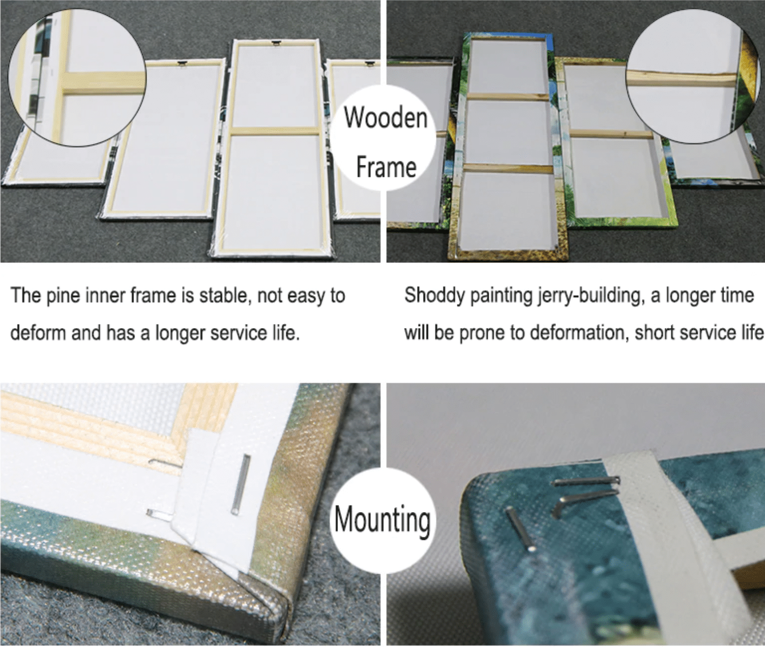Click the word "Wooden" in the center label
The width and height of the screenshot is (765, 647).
click(386, 118)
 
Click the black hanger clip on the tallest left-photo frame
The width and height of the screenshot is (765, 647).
click(275, 43)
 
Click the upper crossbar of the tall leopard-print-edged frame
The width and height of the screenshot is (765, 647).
click(507, 97)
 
